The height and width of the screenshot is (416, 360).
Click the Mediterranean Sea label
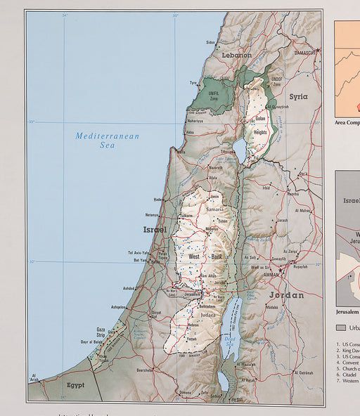[108, 140]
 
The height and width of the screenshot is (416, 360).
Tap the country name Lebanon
[236, 55]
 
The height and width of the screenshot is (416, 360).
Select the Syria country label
[298, 96]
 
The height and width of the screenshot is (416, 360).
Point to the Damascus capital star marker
[317, 49]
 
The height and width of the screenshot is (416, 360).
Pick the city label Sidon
[210, 42]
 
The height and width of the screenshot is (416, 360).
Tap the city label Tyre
[193, 83]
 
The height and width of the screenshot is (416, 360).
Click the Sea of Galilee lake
[240, 150]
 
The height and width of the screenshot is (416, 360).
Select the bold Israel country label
[155, 230]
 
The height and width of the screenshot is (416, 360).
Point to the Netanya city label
[152, 215]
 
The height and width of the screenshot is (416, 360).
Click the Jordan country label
[286, 295]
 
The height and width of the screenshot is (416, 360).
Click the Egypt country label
[75, 385]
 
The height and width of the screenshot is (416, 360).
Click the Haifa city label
[181, 152]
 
